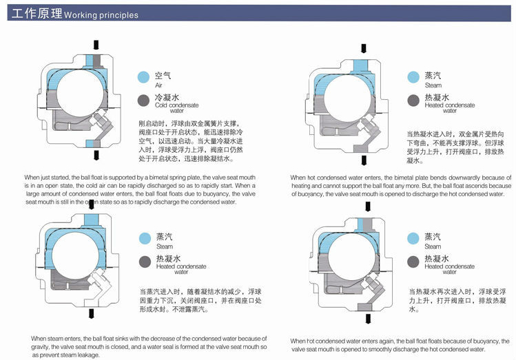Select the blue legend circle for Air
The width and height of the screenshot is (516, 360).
[143, 76]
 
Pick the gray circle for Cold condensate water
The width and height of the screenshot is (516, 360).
[143, 100]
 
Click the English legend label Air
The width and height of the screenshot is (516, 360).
[158, 85]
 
